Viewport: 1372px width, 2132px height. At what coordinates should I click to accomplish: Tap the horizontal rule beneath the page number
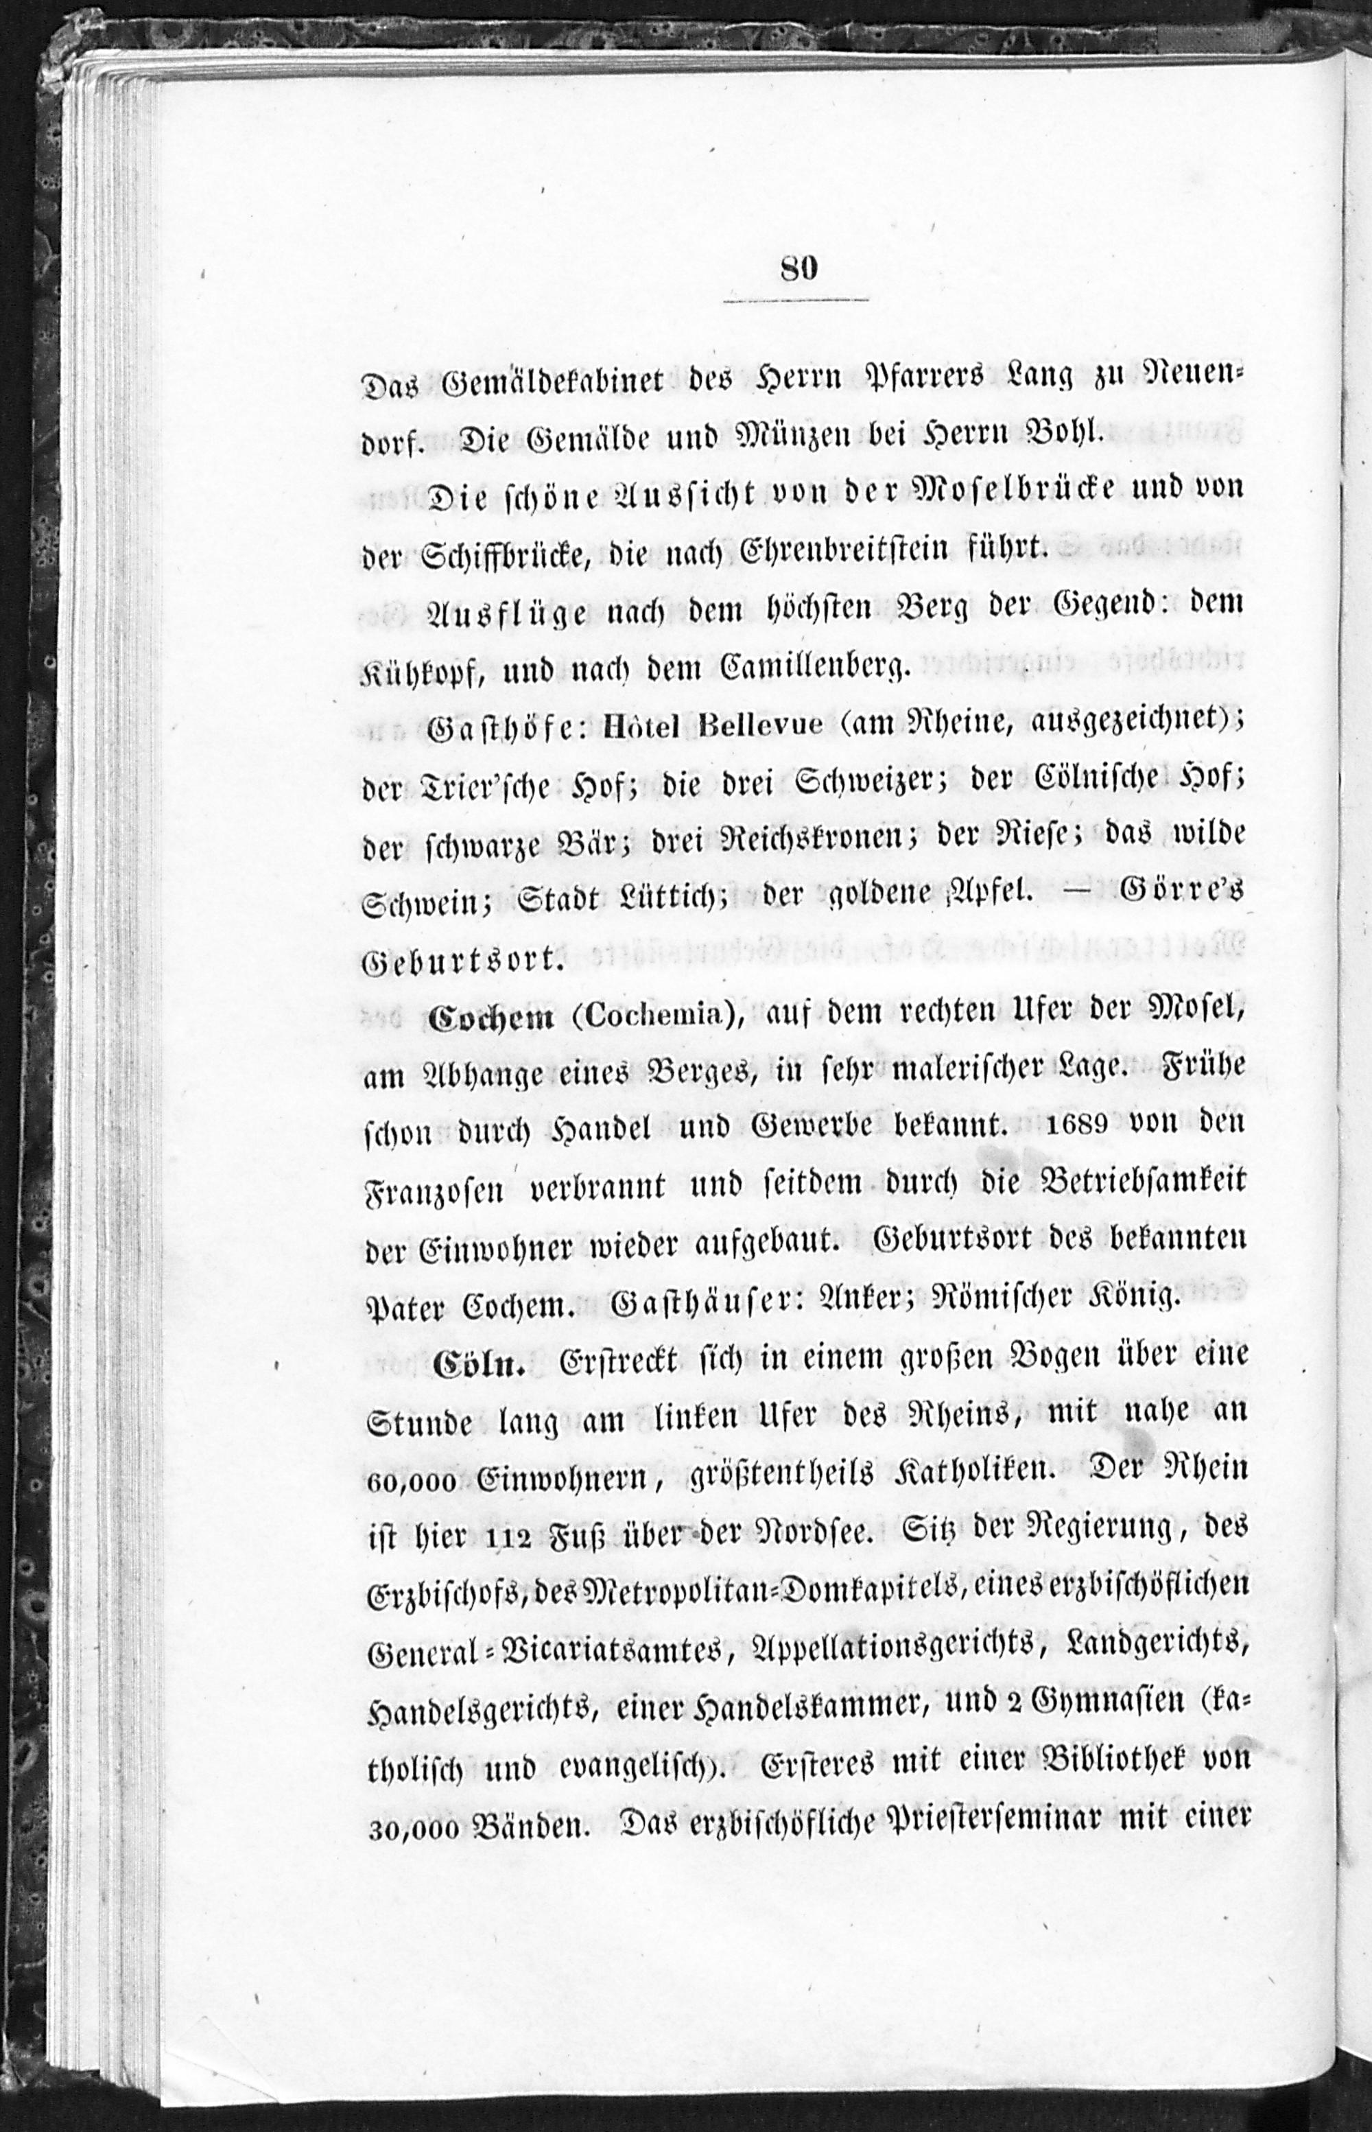[x=796, y=301]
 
